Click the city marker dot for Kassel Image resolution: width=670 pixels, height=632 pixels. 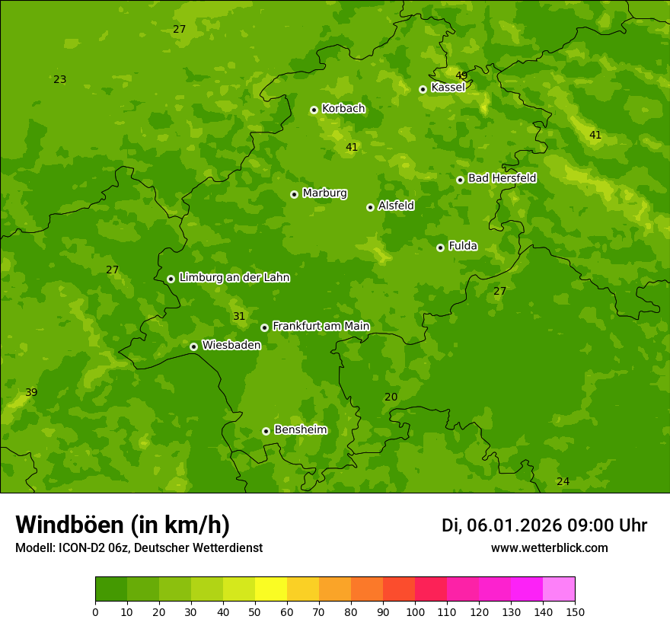pyautogui.click(x=423, y=89)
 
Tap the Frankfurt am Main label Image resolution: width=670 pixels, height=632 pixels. pyautogui.click(x=321, y=326)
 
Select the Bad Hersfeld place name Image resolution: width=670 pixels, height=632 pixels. pyautogui.click(x=502, y=178)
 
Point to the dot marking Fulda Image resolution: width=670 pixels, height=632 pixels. pyautogui.click(x=440, y=247)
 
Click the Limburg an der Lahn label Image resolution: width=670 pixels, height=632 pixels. pyautogui.click(x=234, y=278)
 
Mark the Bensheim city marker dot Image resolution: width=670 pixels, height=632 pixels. pyautogui.click(x=266, y=431)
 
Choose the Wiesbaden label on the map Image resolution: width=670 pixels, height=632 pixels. pyautogui.click(x=231, y=345)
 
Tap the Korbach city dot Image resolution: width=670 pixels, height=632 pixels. pyautogui.click(x=314, y=110)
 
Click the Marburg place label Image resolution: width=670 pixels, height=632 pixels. pyautogui.click(x=324, y=193)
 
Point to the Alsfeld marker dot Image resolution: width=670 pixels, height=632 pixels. pyautogui.click(x=370, y=207)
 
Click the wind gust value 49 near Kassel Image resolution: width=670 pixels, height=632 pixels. pyautogui.click(x=461, y=75)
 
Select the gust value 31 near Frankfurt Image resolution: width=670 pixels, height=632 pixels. pyautogui.click(x=239, y=316)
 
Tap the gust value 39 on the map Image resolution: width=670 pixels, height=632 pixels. pyautogui.click(x=31, y=392)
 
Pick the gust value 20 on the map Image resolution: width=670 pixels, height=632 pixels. pyautogui.click(x=391, y=397)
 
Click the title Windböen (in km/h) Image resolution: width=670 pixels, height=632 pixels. pyautogui.click(x=123, y=525)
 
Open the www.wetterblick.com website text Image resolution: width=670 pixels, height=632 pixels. pyautogui.click(x=549, y=547)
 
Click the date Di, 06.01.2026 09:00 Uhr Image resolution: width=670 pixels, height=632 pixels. pyautogui.click(x=544, y=525)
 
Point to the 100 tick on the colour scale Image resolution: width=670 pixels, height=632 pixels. pyautogui.click(x=415, y=611)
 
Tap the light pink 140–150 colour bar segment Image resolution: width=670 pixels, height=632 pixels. pyautogui.click(x=559, y=589)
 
